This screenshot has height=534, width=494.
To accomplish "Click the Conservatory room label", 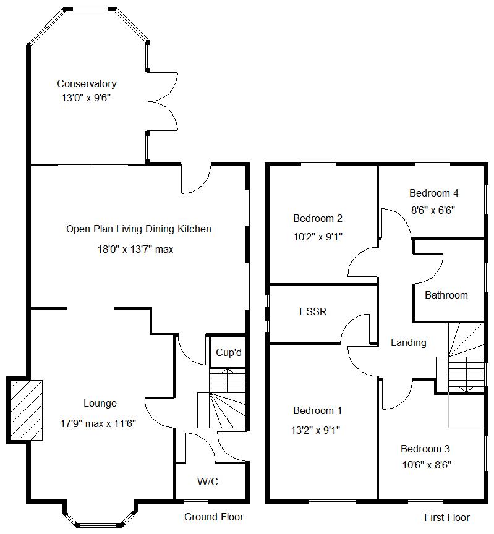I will pyautogui.click(x=87, y=83).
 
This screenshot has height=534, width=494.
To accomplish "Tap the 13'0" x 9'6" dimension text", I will pyautogui.click(x=87, y=98).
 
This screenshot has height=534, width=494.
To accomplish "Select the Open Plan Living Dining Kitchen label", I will pyautogui.click(x=138, y=229).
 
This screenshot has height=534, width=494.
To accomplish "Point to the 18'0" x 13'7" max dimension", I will pyautogui.click(x=138, y=250).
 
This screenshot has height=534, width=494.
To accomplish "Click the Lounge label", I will pyautogui.click(x=100, y=404).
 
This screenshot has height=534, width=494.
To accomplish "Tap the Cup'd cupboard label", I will pyautogui.click(x=228, y=353).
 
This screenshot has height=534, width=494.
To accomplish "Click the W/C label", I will pyautogui.click(x=208, y=482).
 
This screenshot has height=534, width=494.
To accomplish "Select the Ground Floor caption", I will pyautogui.click(x=214, y=517).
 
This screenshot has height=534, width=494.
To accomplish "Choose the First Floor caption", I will pyautogui.click(x=446, y=518).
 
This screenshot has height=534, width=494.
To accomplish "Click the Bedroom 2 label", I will pyautogui.click(x=318, y=218).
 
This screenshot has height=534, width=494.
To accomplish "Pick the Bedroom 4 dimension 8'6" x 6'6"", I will pyautogui.click(x=433, y=210).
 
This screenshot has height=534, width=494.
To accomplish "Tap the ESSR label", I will pyautogui.click(x=313, y=312).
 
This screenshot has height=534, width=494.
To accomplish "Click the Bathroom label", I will pyautogui.click(x=446, y=295).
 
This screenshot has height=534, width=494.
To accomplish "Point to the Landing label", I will pyautogui.click(x=408, y=343).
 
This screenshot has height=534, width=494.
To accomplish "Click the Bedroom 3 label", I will pyautogui.click(x=425, y=449).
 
